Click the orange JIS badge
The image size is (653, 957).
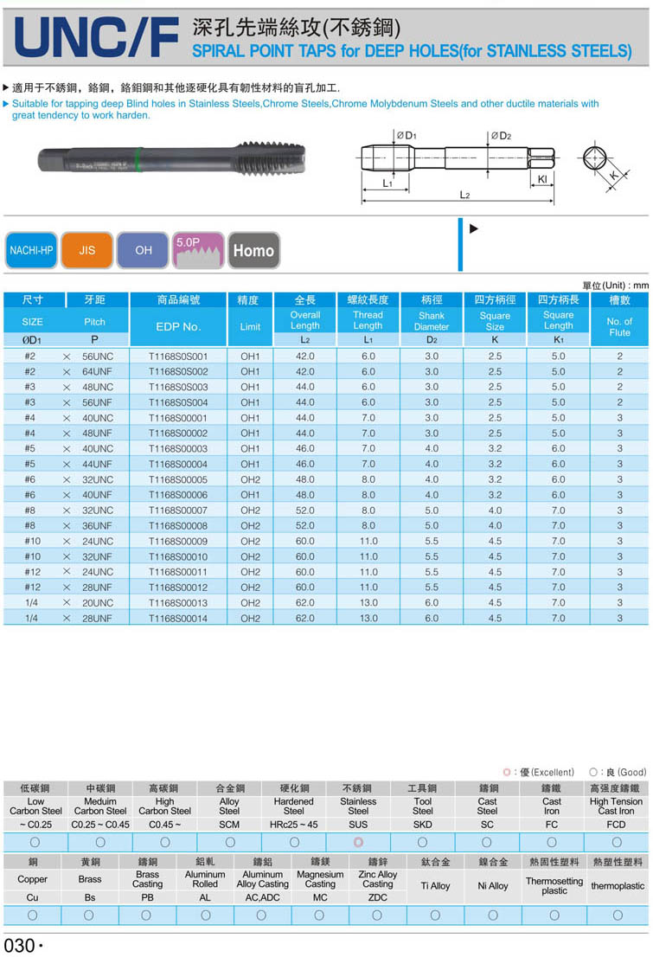pos(87,250)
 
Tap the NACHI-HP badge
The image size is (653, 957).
pos(31,250)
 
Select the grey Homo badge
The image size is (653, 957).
pos(253,251)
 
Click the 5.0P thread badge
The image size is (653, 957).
pos(199,250)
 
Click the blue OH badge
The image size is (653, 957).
pos(144,250)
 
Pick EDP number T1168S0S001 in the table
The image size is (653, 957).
pos(178,356)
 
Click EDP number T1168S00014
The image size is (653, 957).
pos(178,619)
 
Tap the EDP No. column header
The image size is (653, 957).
pos(178,326)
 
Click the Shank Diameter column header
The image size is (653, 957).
pos(431,321)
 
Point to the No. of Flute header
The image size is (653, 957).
pos(619,326)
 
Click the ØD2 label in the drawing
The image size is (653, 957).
pos(502,136)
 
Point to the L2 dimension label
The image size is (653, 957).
pos(464,196)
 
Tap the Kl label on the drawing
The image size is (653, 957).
pos(541,179)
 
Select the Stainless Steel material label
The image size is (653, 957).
pos(358,806)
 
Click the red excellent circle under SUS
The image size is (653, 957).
pos(358,841)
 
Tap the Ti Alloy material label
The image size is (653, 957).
pos(435,885)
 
